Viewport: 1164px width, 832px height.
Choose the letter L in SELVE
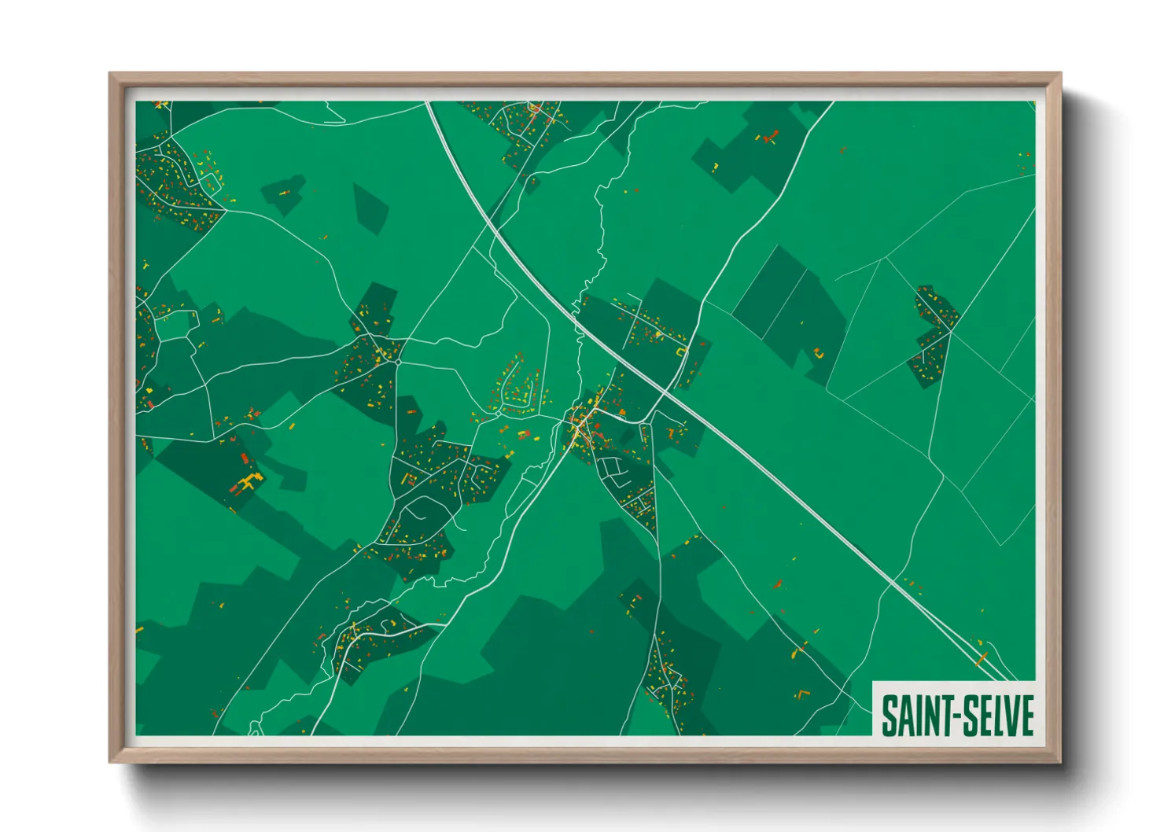[x=996, y=716]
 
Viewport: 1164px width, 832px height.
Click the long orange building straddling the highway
[x=982, y=656]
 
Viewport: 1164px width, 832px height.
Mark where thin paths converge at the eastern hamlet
[x=950, y=332]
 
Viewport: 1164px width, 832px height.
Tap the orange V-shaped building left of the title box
[x=802, y=694]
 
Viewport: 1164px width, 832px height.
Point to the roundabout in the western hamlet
[x=399, y=362]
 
